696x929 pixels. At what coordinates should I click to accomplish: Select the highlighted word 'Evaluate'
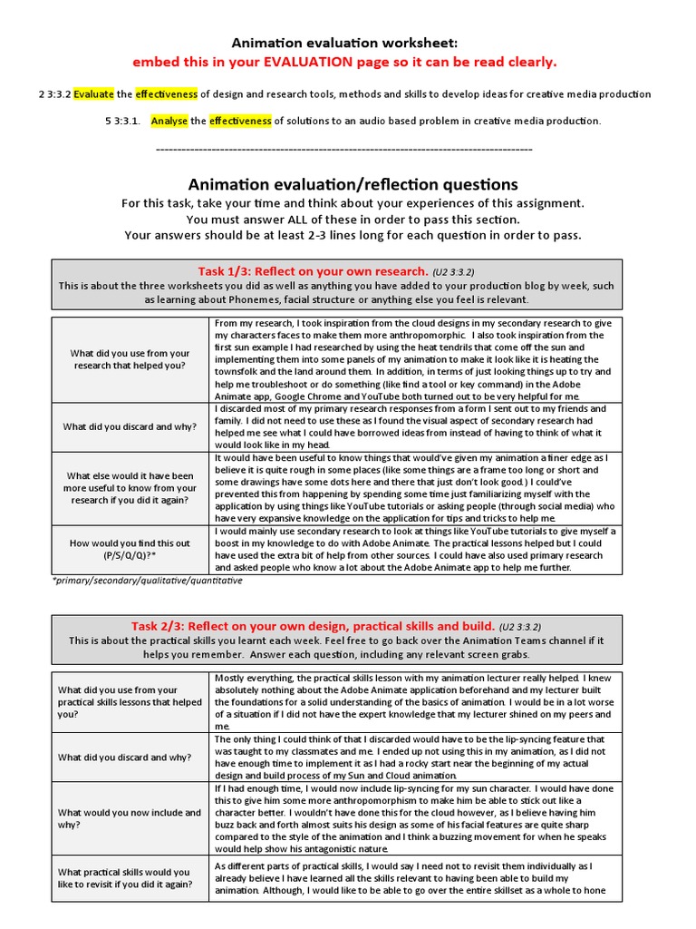click(94, 94)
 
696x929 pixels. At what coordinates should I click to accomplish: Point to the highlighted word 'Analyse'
click(169, 121)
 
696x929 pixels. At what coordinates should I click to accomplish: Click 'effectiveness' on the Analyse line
click(240, 121)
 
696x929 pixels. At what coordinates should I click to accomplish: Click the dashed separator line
click(344, 148)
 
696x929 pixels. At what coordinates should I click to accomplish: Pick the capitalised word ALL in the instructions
click(284, 220)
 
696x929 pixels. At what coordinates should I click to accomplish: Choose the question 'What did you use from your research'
click(130, 359)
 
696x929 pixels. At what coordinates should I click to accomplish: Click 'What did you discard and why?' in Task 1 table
click(130, 426)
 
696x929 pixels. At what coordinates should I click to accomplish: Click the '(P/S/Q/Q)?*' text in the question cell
click(130, 555)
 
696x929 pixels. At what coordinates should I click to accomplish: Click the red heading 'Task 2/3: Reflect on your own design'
click(313, 626)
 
